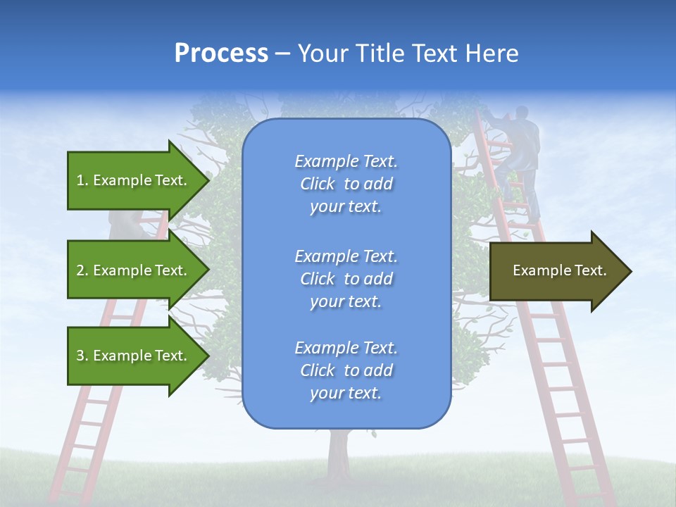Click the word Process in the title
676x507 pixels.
(x=221, y=54)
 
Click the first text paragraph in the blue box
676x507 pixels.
(x=346, y=184)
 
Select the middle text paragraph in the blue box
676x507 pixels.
(x=346, y=279)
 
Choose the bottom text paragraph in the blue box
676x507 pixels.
(x=346, y=370)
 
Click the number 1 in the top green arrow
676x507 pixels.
(x=80, y=180)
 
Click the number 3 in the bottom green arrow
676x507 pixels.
(x=80, y=356)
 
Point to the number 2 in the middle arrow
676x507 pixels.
(x=80, y=270)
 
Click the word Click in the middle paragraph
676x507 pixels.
(x=317, y=280)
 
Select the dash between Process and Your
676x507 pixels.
(x=282, y=54)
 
